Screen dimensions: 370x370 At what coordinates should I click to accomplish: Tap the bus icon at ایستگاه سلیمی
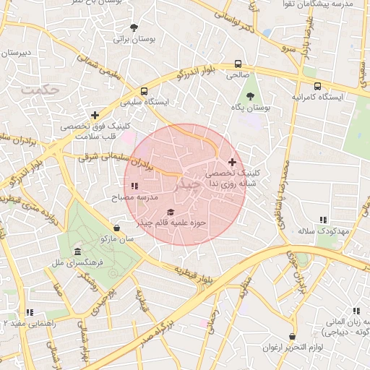[x=145, y=92]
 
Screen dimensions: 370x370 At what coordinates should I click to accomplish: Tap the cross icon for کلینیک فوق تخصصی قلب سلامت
[x=95, y=114]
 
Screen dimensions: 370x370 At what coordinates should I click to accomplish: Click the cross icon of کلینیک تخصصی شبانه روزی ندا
[x=231, y=163]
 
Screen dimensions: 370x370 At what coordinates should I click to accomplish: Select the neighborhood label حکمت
[x=39, y=90]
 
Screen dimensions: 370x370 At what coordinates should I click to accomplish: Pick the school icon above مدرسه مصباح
[x=134, y=186]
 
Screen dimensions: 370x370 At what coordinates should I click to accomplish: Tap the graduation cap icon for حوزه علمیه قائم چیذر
[x=171, y=212]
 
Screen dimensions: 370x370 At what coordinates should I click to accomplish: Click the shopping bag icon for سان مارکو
[x=117, y=227]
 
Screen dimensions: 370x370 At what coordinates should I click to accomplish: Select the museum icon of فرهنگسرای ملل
[x=77, y=251]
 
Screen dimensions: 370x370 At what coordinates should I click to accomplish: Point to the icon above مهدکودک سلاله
[x=323, y=219]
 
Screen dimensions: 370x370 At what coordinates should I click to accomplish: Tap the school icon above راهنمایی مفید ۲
[x=30, y=312]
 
